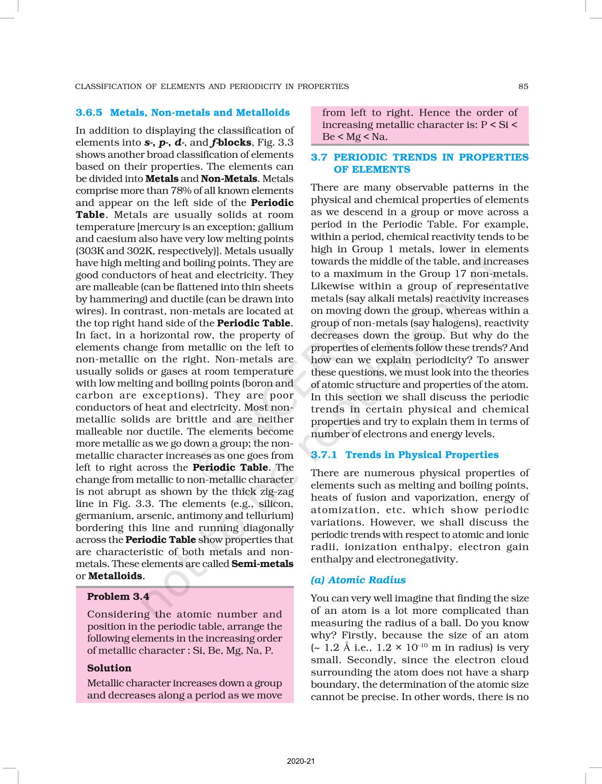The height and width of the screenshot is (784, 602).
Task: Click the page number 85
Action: point(523,86)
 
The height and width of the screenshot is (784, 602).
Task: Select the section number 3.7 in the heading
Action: point(319,157)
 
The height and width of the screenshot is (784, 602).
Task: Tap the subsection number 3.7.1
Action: point(324,455)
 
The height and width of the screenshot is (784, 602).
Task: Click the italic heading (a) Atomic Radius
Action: point(358,580)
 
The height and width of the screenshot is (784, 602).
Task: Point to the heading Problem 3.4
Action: point(118,597)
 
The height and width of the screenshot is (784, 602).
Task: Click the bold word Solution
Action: point(109,668)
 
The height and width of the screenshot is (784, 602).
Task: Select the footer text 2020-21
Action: point(301,762)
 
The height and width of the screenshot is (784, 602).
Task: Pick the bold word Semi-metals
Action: point(262,564)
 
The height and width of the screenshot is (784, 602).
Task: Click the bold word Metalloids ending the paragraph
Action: point(116,576)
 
